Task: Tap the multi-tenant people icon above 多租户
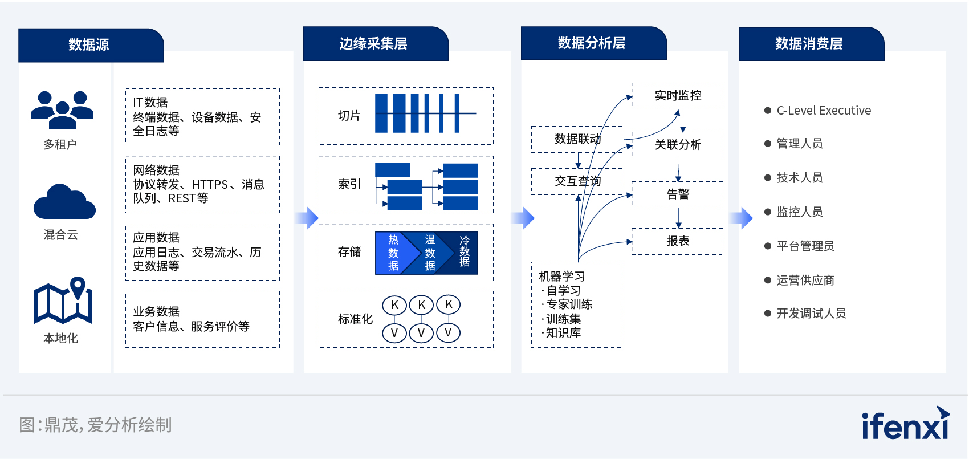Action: pyautogui.click(x=62, y=110)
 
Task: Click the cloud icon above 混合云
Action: pyautogui.click(x=64, y=202)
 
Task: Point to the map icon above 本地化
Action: pyautogui.click(x=63, y=300)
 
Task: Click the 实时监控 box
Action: pyautogui.click(x=678, y=96)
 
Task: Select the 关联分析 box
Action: pyautogui.click(x=678, y=145)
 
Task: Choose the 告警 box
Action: pyautogui.click(x=678, y=194)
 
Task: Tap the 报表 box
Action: pyautogui.click(x=678, y=241)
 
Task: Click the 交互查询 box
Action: pyautogui.click(x=577, y=181)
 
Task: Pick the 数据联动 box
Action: pyautogui.click(x=577, y=139)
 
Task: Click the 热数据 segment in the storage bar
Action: pyautogui.click(x=393, y=253)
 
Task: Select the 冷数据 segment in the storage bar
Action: pyautogui.click(x=464, y=252)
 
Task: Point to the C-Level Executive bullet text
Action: pyautogui.click(x=824, y=111)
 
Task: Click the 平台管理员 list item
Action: pyautogui.click(x=805, y=246)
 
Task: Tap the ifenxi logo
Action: pyautogui.click(x=906, y=423)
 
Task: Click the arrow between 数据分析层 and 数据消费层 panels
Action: pyautogui.click(x=742, y=218)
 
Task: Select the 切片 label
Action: pyautogui.click(x=349, y=116)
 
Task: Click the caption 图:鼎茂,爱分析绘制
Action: pyautogui.click(x=95, y=425)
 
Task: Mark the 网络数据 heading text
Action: pyautogui.click(x=156, y=170)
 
